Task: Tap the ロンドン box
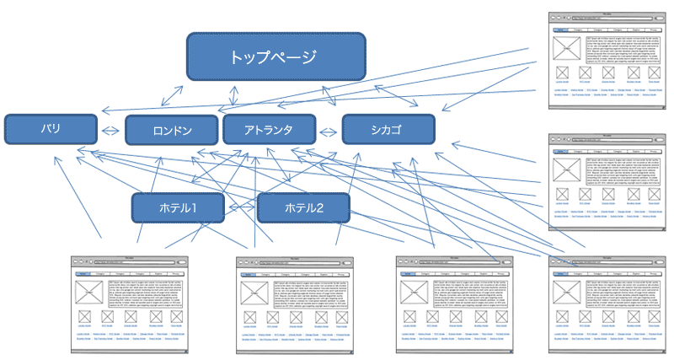pos(172,130)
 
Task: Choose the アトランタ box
pos(269,130)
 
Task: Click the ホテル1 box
pos(177,207)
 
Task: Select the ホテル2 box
pos(303,207)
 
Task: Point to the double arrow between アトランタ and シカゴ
pos(329,130)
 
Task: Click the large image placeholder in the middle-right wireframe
pos(565,168)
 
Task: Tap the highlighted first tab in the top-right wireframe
pos(560,29)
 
